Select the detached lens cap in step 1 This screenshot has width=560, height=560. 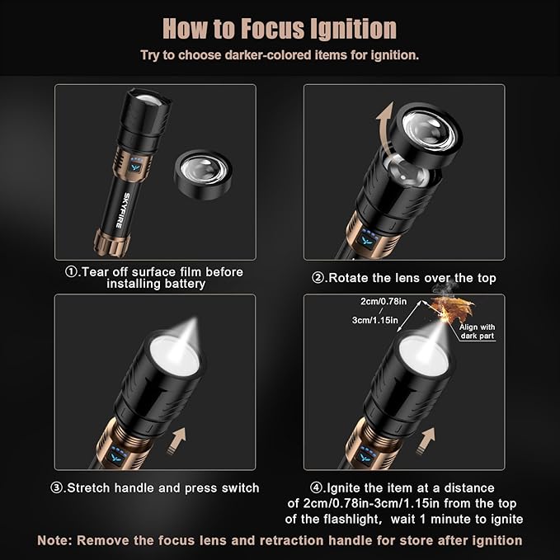pos(203,174)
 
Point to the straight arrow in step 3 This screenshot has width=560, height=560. pos(176,441)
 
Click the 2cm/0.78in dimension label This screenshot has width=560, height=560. pos(384,302)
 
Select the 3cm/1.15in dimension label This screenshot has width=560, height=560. pos(374,320)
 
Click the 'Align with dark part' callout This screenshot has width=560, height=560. pos(478,332)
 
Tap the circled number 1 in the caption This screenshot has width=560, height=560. pos(72,272)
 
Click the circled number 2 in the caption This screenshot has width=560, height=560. pos(318,278)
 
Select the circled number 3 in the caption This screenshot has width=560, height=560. pos(56,488)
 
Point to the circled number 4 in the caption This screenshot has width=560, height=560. pos(316,488)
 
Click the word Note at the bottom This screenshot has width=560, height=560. pos(54,540)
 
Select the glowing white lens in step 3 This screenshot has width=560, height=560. pos(174,355)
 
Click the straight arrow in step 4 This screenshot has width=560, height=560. pos(426,441)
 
